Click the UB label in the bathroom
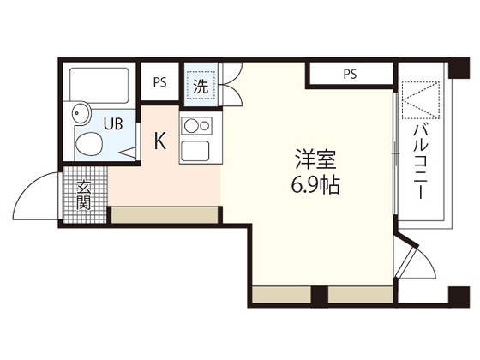pos(113,123)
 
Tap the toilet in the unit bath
pos(88,145)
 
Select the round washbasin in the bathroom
pos(81,112)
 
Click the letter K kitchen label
pos(159,141)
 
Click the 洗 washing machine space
pos(200,85)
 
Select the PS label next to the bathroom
pos(159,83)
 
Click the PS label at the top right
pos(350,75)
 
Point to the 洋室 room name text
pos(315,161)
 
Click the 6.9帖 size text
pos(315,185)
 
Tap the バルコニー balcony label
pos(421,163)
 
